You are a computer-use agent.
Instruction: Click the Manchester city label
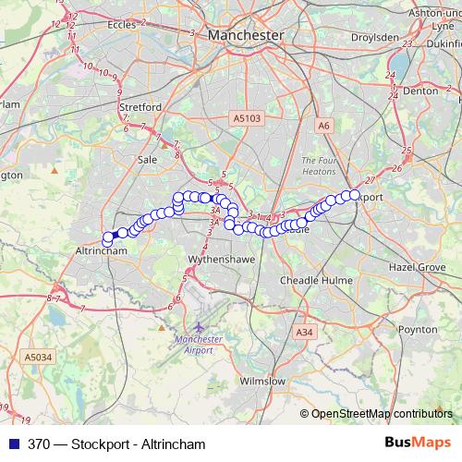click(246, 34)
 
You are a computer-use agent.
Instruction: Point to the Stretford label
click(140, 107)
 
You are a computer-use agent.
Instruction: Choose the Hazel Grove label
click(417, 265)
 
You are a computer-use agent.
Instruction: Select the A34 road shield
click(304, 331)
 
